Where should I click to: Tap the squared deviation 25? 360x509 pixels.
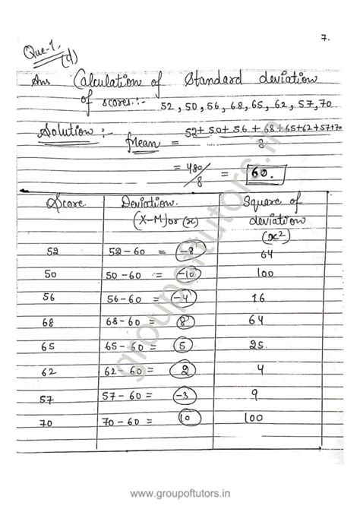pos(258,345)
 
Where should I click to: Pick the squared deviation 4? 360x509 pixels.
pos(260,370)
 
